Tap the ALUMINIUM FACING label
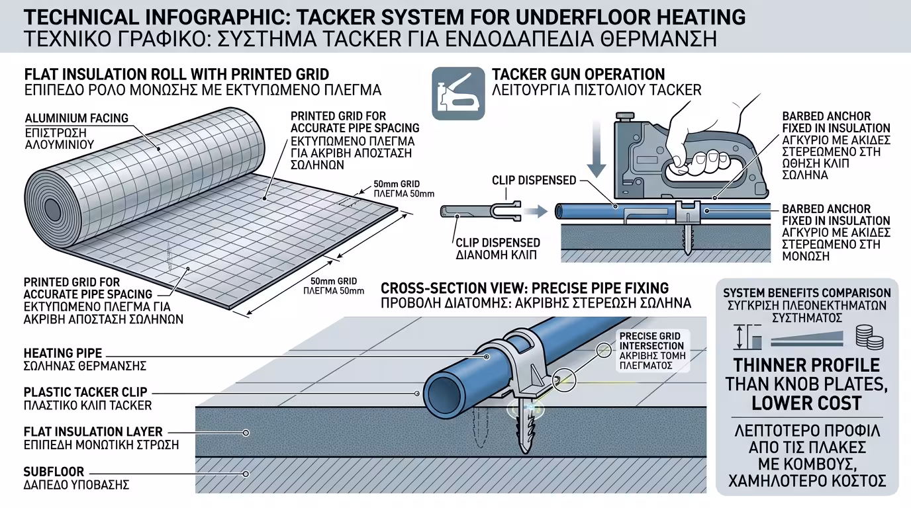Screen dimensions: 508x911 click(77, 118)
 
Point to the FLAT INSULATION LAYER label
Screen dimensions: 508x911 click(93, 432)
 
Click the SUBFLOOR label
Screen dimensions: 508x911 click(54, 472)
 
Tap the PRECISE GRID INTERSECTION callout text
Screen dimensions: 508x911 click(651, 341)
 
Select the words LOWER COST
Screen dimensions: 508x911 click(806, 403)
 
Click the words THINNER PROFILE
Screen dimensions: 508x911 click(806, 365)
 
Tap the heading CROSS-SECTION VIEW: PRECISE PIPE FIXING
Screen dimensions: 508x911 click(524, 288)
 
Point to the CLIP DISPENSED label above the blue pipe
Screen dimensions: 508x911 click(534, 180)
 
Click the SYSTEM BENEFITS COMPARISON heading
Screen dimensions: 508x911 click(806, 293)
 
